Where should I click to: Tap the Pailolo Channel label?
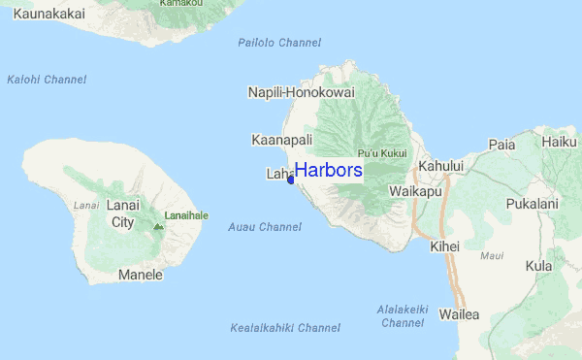(x=279, y=43)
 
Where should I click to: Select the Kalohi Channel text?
(x=47, y=80)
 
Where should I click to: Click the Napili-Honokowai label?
(x=302, y=92)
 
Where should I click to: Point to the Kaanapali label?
(x=281, y=140)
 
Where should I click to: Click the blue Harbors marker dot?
(x=291, y=179)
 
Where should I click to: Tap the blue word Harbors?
(x=329, y=171)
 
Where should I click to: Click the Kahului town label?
(x=441, y=167)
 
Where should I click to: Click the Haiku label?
(x=560, y=142)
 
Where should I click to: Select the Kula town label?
(x=538, y=266)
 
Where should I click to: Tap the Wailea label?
(x=459, y=314)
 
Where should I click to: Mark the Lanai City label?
(x=122, y=213)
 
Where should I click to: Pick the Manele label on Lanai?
(x=140, y=275)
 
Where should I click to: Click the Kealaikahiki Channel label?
(x=285, y=328)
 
